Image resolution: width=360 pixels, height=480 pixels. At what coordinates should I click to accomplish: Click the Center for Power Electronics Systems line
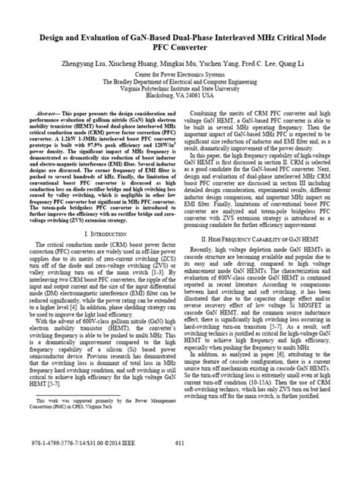point(179,77)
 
